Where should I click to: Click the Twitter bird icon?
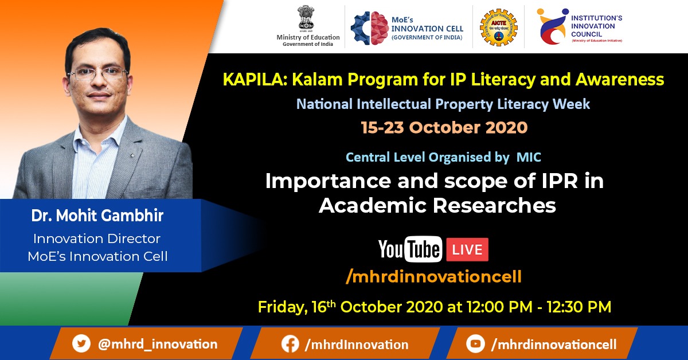point(81,343)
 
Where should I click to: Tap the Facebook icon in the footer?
point(290,344)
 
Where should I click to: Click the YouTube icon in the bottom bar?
point(475,344)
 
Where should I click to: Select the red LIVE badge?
point(467,249)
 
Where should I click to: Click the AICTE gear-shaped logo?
point(498,28)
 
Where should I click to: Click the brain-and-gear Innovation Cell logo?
point(370,28)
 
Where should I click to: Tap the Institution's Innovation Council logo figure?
point(552,26)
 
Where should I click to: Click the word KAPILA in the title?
point(255,80)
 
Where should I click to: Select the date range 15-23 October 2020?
point(444,127)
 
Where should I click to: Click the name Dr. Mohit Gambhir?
point(97,216)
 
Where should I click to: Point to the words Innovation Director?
point(97,238)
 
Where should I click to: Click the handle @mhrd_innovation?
point(158,344)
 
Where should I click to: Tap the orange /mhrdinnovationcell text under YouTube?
point(433,276)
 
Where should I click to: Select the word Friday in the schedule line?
point(283,307)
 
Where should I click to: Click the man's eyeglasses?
point(97,74)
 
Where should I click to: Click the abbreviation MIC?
point(529,157)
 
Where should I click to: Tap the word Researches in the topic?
point(494,205)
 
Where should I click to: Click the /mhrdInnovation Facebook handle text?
point(356,345)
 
